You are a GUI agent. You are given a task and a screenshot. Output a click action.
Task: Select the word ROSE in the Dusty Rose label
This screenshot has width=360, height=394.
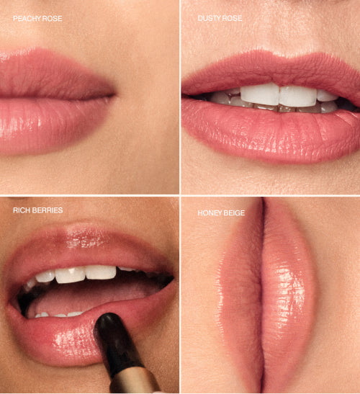point(233,18)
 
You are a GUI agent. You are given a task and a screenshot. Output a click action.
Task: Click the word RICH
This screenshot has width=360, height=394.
point(21,210)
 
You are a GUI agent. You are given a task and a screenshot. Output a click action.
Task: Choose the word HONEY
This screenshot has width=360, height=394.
point(210,213)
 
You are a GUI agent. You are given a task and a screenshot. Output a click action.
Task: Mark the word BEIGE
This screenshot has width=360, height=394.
point(235,213)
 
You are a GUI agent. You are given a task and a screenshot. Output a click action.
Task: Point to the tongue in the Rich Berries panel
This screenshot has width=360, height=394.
point(79,295)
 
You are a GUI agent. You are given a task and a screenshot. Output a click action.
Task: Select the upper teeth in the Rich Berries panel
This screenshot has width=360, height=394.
point(79,274)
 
